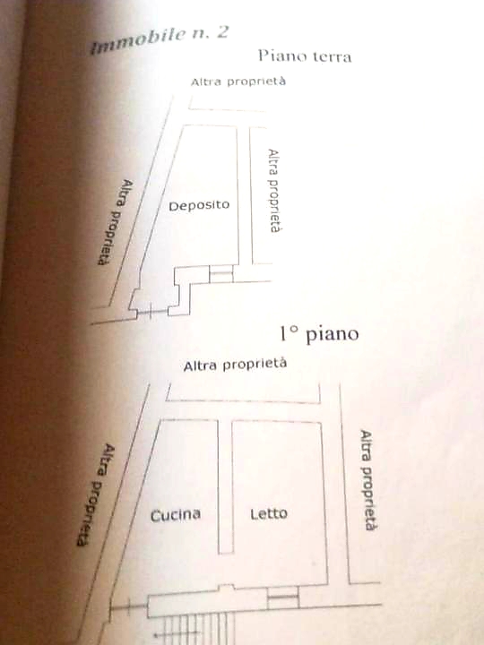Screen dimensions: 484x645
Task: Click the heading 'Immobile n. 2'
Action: [x=159, y=39]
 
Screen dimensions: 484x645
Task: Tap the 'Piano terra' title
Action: [x=305, y=56]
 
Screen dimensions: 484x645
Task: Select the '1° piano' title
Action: [x=319, y=333]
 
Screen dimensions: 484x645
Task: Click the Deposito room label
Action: [x=199, y=205]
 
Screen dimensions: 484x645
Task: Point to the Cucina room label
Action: [x=176, y=515]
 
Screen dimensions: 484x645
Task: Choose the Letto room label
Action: [x=269, y=513]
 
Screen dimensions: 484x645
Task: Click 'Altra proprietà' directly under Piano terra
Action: [x=238, y=82]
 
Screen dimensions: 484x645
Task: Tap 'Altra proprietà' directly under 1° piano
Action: [x=235, y=365]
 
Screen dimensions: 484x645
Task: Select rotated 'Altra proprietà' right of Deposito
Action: [x=273, y=191]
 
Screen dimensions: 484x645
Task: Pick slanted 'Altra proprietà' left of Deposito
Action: [x=116, y=222]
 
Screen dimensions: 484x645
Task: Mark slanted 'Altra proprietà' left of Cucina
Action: [x=96, y=494]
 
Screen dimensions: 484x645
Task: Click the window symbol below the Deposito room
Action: [x=221, y=273]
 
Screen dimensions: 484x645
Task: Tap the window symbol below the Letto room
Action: [x=282, y=598]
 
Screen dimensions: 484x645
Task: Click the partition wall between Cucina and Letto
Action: [x=225, y=487]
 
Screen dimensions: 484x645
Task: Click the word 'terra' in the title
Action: [x=333, y=56]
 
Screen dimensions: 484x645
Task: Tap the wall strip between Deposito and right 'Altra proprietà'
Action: [x=245, y=195]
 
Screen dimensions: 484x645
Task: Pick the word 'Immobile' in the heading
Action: [x=137, y=42]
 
